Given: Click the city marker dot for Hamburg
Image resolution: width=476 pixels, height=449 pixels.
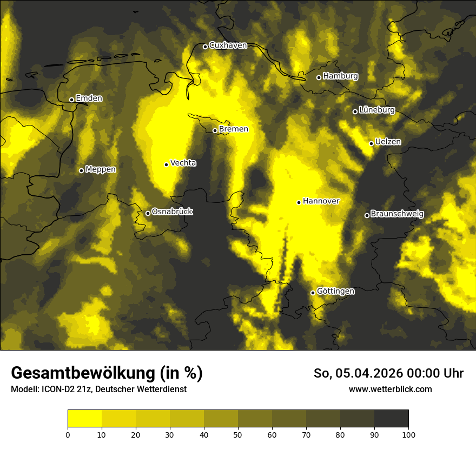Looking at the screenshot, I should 319,77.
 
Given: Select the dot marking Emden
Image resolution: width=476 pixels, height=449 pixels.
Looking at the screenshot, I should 71,100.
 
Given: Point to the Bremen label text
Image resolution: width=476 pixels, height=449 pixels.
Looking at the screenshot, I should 234,129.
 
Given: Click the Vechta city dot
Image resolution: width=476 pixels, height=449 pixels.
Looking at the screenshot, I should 166,164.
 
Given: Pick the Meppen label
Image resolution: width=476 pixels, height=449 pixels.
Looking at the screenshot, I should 101,169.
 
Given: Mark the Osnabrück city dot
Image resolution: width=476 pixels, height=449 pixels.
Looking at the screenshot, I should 148,213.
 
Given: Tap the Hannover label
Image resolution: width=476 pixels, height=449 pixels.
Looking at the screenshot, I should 321,201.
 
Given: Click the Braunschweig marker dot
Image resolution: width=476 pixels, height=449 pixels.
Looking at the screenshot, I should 367,215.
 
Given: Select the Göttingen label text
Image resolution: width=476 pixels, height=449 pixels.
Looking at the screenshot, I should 336,292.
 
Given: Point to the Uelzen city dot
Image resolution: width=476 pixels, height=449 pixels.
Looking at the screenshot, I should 371,143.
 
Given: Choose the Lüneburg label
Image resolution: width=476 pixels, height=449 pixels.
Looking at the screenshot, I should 377,110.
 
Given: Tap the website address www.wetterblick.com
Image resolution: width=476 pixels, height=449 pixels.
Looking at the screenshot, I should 391,389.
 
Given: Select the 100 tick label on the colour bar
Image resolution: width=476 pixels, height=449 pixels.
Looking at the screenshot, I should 408,434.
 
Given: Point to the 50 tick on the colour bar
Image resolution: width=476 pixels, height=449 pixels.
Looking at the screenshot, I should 238,434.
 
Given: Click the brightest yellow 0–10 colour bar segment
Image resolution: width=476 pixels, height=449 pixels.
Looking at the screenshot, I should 84,419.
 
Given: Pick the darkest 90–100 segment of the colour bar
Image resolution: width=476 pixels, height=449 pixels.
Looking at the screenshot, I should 391,419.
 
